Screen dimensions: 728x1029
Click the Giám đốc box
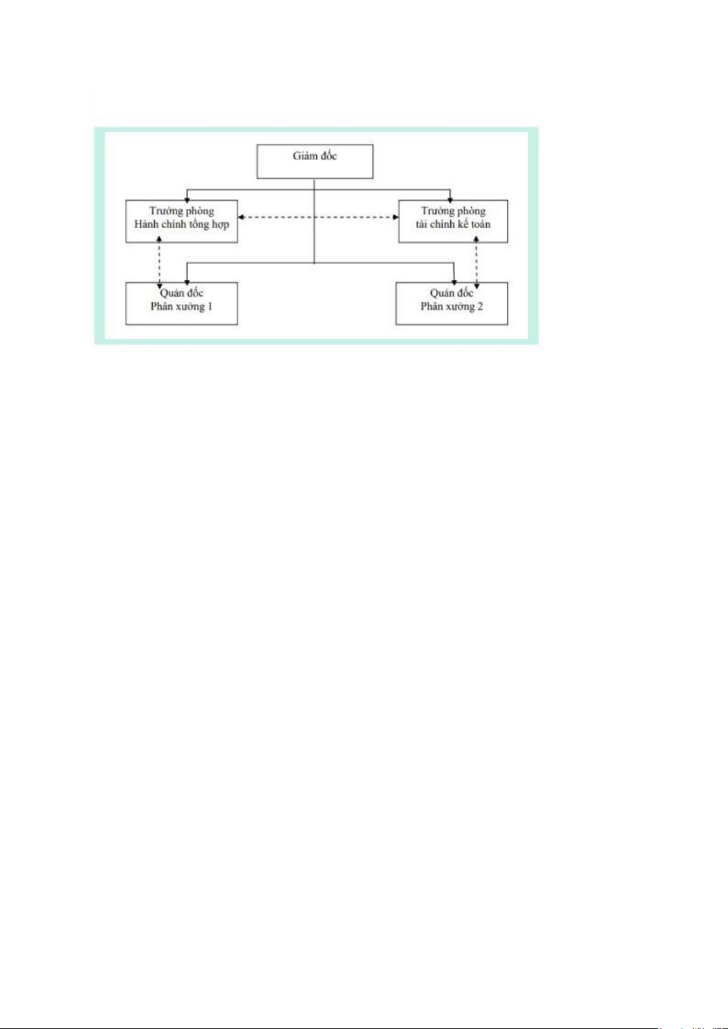[315, 161]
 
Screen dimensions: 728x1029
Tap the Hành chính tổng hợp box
[181, 221]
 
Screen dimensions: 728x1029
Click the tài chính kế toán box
[453, 221]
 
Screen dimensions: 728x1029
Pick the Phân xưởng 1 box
[181, 303]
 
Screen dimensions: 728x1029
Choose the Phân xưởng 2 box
[452, 303]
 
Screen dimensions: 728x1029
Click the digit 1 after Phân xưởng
[209, 307]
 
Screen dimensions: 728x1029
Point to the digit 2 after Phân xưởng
[480, 307]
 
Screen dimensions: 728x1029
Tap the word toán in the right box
[480, 224]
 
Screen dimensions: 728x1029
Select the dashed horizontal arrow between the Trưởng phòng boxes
[318, 217]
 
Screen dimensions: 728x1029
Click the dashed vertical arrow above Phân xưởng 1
[159, 263]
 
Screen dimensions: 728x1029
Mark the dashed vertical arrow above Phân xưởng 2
[476, 263]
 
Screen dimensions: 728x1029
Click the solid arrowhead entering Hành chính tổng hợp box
[187, 199]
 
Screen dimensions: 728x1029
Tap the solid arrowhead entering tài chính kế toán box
[450, 199]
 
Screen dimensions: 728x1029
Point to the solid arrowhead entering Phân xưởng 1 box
[187, 282]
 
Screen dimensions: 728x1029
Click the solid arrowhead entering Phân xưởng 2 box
[454, 282]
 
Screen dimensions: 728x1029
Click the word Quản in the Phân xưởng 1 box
[170, 293]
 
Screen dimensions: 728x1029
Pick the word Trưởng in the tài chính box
[437, 211]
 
